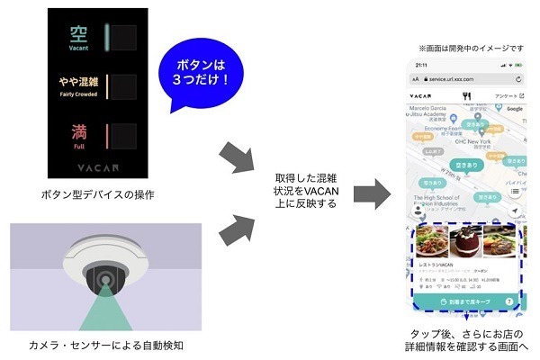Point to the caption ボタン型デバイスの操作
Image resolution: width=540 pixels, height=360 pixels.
pos(99,193)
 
